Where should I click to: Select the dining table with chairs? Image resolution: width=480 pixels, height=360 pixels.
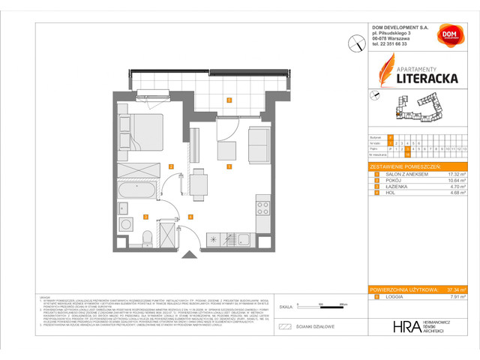pyautogui.click(x=198, y=181)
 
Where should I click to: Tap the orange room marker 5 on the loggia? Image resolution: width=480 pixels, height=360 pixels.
pyautogui.click(x=229, y=100)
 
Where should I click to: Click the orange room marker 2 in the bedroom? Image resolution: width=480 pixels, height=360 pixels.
pyautogui.click(x=171, y=166)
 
